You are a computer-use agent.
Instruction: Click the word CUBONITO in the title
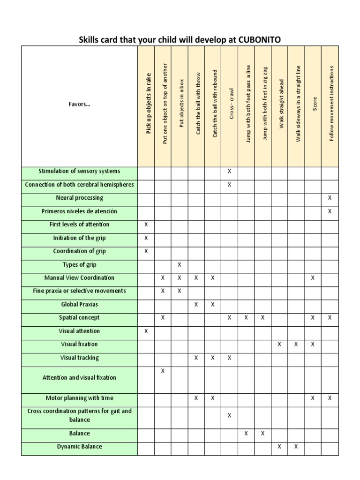point(260,39)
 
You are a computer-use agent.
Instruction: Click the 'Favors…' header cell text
point(79,105)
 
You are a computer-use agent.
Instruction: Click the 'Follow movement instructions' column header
point(331,104)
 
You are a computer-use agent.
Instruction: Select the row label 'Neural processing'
point(79,198)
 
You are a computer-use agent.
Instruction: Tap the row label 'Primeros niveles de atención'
point(79,211)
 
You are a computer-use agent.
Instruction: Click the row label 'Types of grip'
point(79,265)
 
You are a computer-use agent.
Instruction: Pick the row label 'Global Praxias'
point(79,305)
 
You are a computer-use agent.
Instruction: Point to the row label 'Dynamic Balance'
point(79,447)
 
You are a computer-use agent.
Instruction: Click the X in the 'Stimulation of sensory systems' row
point(229,172)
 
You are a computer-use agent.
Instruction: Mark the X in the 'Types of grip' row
point(180,265)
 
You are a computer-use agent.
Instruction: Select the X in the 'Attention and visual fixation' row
point(163,371)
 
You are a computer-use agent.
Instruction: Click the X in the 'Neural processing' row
point(330,198)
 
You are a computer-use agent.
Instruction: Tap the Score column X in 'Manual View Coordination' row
point(313,278)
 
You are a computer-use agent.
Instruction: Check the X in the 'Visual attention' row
point(146,331)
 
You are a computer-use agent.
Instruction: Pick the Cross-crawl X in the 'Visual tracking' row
point(229,358)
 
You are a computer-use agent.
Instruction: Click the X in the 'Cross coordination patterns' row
point(229,415)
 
